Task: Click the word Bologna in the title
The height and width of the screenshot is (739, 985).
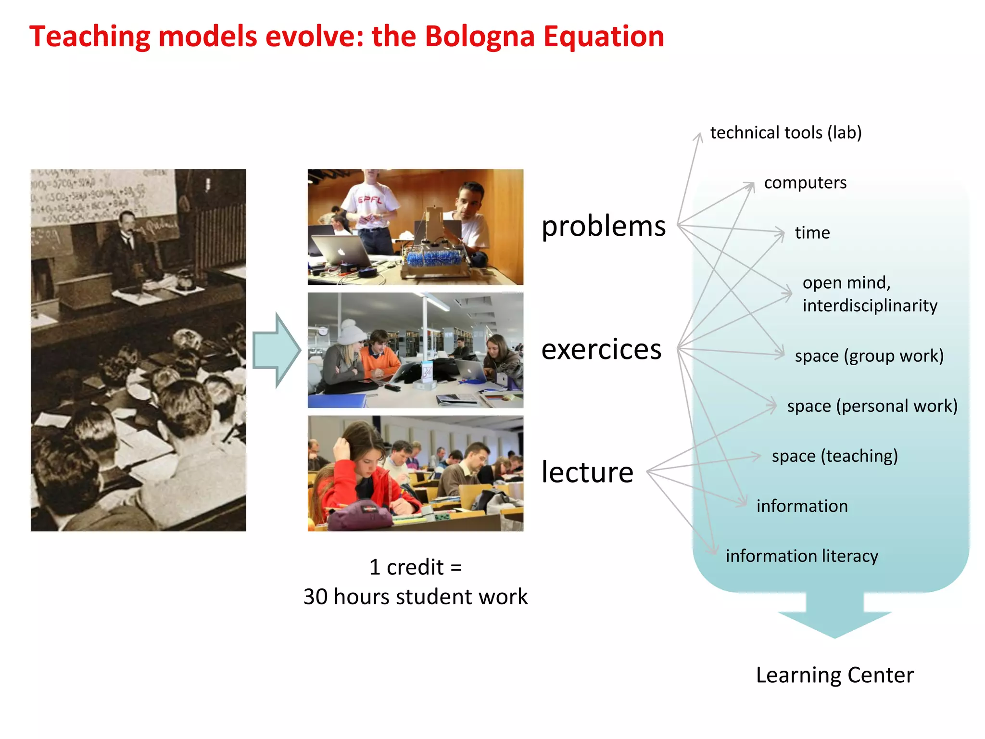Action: tap(479, 37)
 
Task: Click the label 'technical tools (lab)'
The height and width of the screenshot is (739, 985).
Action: tap(785, 132)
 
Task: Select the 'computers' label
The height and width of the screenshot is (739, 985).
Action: tap(805, 182)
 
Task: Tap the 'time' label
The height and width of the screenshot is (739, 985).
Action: tap(812, 233)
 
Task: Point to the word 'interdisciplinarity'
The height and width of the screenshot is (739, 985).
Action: tap(870, 306)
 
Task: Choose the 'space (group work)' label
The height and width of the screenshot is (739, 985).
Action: tap(869, 356)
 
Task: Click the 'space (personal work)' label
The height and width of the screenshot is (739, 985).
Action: tap(871, 406)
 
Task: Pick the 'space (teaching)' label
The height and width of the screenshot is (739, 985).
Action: tap(834, 456)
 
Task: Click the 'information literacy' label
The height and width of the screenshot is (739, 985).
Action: tap(801, 556)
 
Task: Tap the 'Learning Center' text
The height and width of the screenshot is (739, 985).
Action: tap(834, 675)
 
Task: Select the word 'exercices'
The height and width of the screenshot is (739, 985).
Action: tap(601, 349)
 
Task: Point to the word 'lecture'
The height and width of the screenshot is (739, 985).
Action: tap(587, 472)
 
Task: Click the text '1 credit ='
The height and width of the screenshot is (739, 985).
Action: tap(415, 567)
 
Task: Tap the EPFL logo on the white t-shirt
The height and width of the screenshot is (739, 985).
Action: tap(369, 200)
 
